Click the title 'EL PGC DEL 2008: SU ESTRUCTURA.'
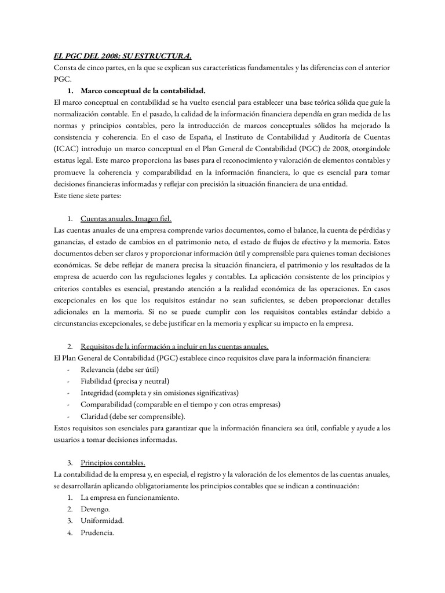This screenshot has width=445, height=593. [119, 56]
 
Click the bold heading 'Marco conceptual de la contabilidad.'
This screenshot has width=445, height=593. [143, 91]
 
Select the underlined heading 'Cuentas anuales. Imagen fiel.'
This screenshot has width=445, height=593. [126, 218]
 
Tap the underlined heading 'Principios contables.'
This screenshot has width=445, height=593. [113, 463]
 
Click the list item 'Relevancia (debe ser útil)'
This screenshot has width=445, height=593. [119, 369]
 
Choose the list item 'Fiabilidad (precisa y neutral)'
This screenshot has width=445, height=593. [125, 381]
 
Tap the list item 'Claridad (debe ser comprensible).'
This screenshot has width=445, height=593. [133, 416]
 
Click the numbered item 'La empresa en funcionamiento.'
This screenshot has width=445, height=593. [130, 497]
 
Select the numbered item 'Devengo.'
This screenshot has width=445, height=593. [96, 509]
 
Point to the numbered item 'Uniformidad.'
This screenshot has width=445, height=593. [102, 521]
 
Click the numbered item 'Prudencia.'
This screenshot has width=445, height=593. [97, 532]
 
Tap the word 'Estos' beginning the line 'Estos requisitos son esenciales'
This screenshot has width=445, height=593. [62, 428]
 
